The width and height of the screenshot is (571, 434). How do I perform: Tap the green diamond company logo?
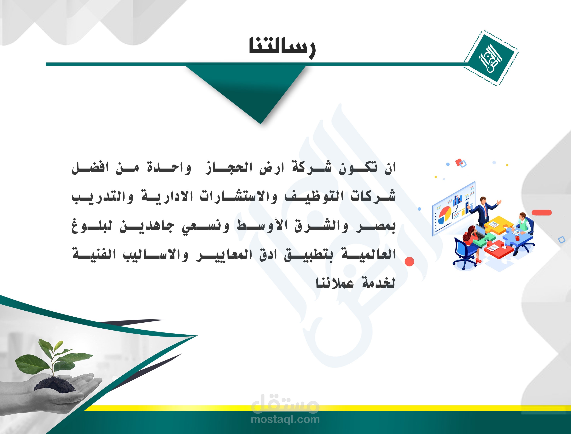[491, 58]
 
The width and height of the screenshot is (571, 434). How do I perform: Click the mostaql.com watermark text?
[285, 419]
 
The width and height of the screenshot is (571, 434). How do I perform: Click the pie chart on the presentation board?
[445, 215]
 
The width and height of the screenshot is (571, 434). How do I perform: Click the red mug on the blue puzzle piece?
[517, 238]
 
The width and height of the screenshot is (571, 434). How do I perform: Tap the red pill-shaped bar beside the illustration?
[542, 213]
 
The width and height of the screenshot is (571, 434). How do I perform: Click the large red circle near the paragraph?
[409, 262]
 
